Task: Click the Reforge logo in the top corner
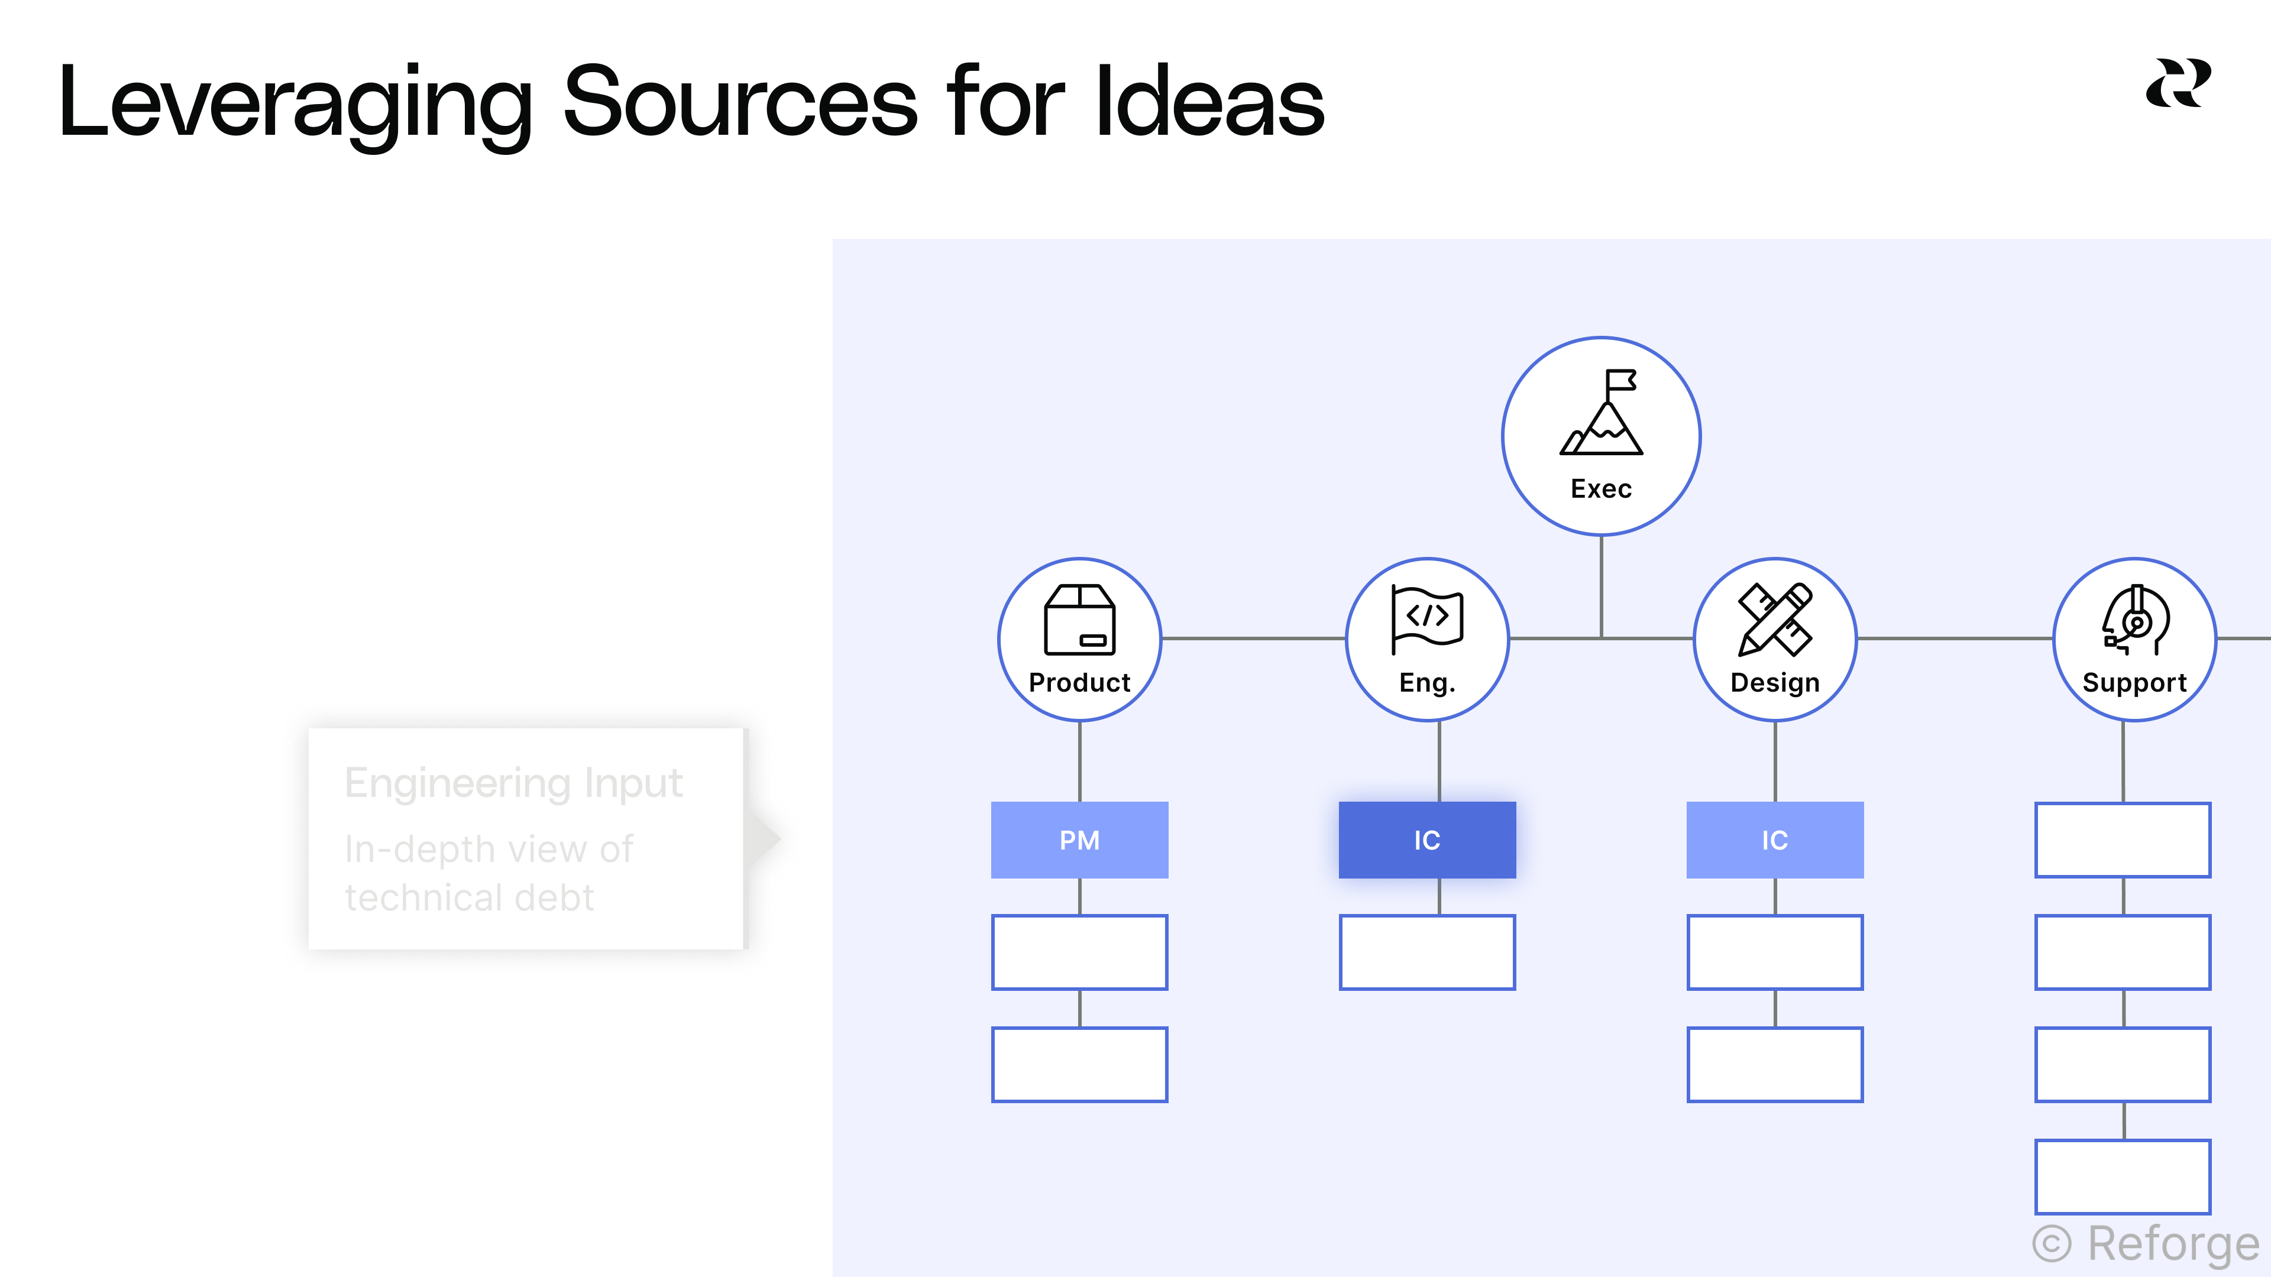(2178, 84)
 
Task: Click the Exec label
(1601, 489)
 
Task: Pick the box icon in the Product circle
(1079, 620)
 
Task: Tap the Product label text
(1079, 683)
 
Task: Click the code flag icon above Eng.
(1426, 618)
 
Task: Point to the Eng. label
(1426, 683)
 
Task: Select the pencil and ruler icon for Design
(1775, 620)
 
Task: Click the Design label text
(1775, 683)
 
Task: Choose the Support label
(2134, 683)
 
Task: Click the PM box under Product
(1079, 840)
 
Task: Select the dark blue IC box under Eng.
(1426, 840)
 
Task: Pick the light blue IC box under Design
(1775, 840)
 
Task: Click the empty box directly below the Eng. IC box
(1426, 952)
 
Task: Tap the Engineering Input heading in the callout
(513, 783)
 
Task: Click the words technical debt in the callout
(469, 898)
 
